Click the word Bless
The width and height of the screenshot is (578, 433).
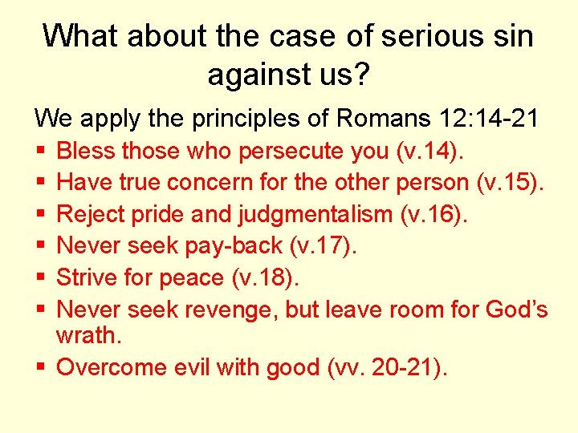click(x=87, y=151)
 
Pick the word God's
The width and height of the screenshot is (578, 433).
click(x=515, y=309)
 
